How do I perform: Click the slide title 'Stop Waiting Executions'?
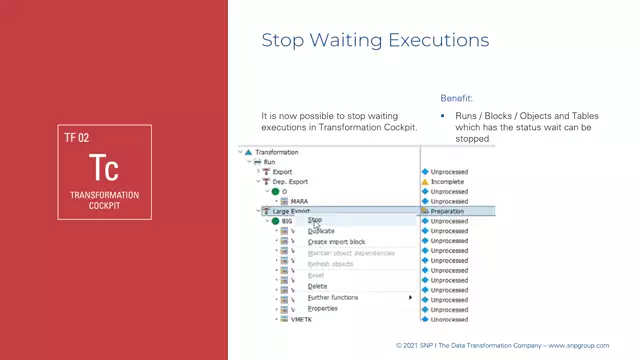click(375, 40)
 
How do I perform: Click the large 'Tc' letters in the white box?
click(104, 167)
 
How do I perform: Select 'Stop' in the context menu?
click(315, 220)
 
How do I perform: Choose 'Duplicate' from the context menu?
click(321, 231)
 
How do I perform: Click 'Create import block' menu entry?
click(336, 242)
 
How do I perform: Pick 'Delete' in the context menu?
click(317, 286)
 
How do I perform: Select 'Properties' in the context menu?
click(322, 308)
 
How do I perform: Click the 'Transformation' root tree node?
click(276, 152)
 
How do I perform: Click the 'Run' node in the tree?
click(269, 162)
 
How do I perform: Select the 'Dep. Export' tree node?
click(290, 181)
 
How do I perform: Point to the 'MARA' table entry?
click(299, 201)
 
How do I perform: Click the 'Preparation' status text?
click(447, 211)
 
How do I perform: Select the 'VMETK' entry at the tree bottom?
click(301, 319)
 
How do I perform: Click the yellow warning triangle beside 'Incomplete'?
click(424, 181)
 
